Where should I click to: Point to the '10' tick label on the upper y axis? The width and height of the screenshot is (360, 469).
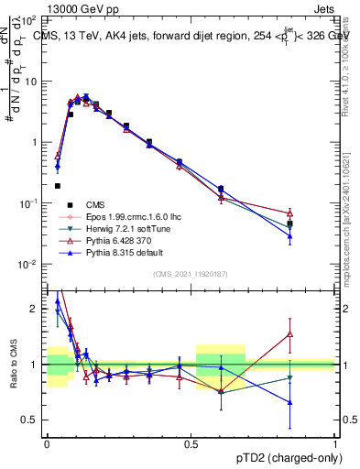click(x=31, y=81)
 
